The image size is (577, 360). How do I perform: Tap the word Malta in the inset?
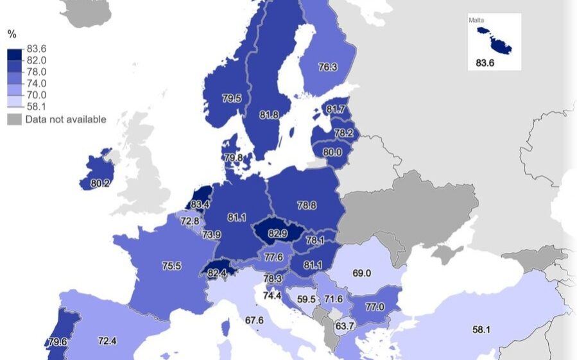pyautogui.click(x=476, y=21)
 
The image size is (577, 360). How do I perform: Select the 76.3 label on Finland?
pyautogui.click(x=327, y=67)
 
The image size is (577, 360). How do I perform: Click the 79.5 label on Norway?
pyautogui.click(x=232, y=99)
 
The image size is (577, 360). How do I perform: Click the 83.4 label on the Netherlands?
pyautogui.click(x=200, y=205)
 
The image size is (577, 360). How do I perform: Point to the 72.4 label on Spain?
pyautogui.click(x=107, y=340)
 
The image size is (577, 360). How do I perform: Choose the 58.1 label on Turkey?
pyautogui.click(x=482, y=330)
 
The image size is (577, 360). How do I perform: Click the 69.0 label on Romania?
pyautogui.click(x=361, y=273)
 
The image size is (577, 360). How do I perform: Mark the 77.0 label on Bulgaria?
pyautogui.click(x=374, y=307)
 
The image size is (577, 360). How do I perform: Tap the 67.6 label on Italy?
pyautogui.click(x=254, y=320)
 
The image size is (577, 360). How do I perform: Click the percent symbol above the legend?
pyautogui.click(x=12, y=35)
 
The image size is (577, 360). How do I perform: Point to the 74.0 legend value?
pyautogui.click(x=35, y=83)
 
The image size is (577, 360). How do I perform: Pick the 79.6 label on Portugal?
pyautogui.click(x=58, y=341)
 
